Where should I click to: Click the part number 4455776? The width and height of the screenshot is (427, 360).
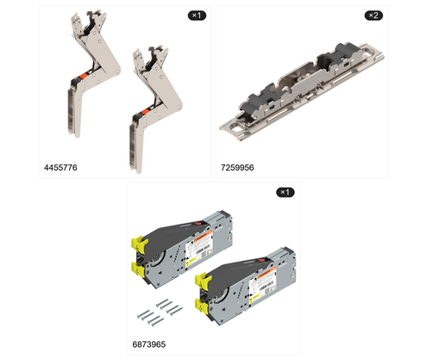point(60,167)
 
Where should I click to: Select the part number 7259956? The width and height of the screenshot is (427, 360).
point(237,167)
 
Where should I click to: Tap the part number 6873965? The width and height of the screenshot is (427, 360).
point(149,344)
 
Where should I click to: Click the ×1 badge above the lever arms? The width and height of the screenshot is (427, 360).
point(197,16)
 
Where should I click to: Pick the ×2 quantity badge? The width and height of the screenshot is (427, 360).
point(374,16)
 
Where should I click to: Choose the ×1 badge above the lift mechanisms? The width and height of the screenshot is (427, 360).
point(286,193)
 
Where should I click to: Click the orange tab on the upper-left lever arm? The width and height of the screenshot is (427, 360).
point(84,76)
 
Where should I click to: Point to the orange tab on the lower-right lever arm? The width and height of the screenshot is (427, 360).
point(146,112)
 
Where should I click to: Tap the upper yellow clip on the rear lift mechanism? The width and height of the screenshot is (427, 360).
point(137,243)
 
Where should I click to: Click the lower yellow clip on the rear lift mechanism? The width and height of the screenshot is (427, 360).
point(137,269)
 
